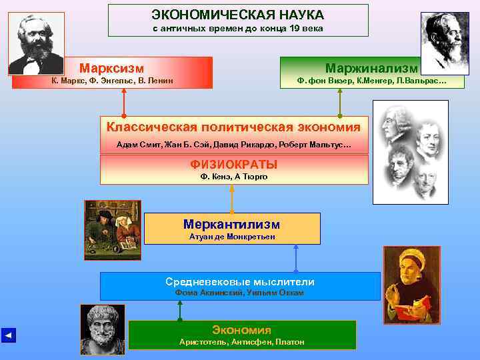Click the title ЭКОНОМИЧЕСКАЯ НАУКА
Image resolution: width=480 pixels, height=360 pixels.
coord(237,14)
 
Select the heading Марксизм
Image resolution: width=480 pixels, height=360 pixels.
coord(112,68)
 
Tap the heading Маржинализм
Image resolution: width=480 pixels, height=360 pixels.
coord(371,68)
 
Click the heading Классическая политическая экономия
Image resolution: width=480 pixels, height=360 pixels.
coord(233,127)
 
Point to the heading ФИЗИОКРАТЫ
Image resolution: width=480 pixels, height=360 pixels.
coord(233,164)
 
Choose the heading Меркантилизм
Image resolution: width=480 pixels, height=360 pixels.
coord(231,224)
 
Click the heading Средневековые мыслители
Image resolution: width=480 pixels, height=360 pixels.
coord(239,281)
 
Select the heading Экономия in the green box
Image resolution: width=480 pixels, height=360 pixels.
coord(241,330)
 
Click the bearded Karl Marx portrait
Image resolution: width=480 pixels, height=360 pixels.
coord(36,43)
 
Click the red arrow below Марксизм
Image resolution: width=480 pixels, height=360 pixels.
coord(124,103)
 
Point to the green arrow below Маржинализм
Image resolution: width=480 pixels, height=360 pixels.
coord(340,103)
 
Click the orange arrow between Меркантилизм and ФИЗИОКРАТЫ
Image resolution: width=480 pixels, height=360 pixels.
coord(232,198)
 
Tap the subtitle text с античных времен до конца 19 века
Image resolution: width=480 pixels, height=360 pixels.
coord(237,29)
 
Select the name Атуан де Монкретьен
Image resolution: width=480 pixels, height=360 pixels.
coord(231,237)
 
